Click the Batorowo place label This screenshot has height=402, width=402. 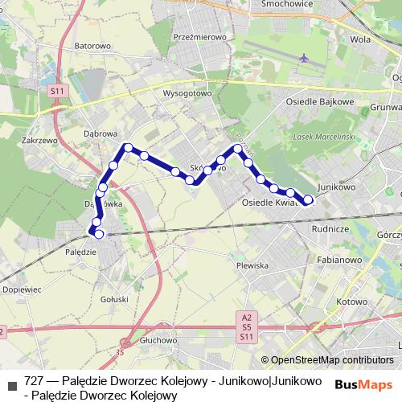pyautogui.click(x=92, y=46)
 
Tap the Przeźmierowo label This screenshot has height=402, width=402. pyautogui.click(x=195, y=37)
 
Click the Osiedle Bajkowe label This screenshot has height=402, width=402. pyautogui.click(x=320, y=103)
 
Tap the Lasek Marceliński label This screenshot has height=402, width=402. pyautogui.click(x=325, y=136)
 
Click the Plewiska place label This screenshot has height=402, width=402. pyautogui.click(x=252, y=265)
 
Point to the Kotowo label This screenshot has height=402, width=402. pyautogui.click(x=351, y=301)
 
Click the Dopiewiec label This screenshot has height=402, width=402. pyautogui.click(x=22, y=288)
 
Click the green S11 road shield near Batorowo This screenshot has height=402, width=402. pyautogui.click(x=55, y=92)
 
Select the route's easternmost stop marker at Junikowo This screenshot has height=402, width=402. pyautogui.click(x=308, y=200)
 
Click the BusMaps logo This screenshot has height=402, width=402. pyautogui.click(x=363, y=384)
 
